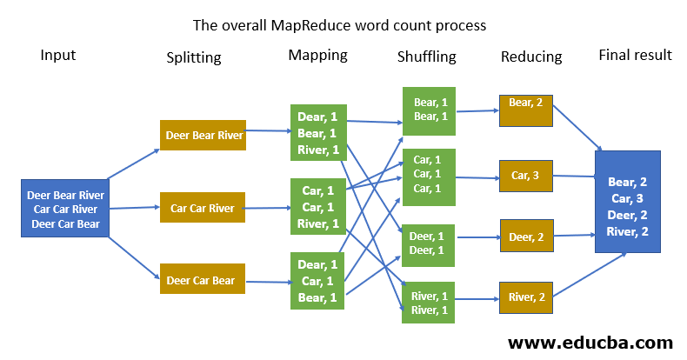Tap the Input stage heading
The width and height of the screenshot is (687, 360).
[x=58, y=56]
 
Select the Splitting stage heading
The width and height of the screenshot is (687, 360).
[x=194, y=58]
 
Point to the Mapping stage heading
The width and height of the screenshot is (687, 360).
[x=317, y=56]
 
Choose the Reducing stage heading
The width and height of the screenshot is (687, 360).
[x=531, y=57]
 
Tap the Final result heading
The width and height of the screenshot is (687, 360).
[x=635, y=56]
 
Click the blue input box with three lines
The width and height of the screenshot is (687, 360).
[x=65, y=209]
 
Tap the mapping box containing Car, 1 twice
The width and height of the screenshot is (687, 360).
[x=317, y=208]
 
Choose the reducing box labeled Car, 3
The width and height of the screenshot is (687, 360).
[x=526, y=176]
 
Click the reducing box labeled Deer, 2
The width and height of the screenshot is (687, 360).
[x=526, y=236]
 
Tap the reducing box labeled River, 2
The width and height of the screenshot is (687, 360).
[x=526, y=298]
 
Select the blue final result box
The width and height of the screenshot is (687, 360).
[x=627, y=202]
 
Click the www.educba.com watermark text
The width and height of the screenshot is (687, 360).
[x=590, y=342]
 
